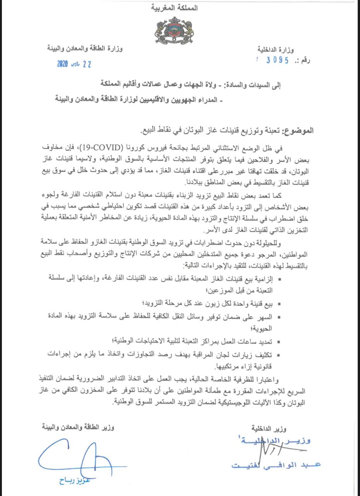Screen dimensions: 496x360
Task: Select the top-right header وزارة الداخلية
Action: click(x=276, y=50)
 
